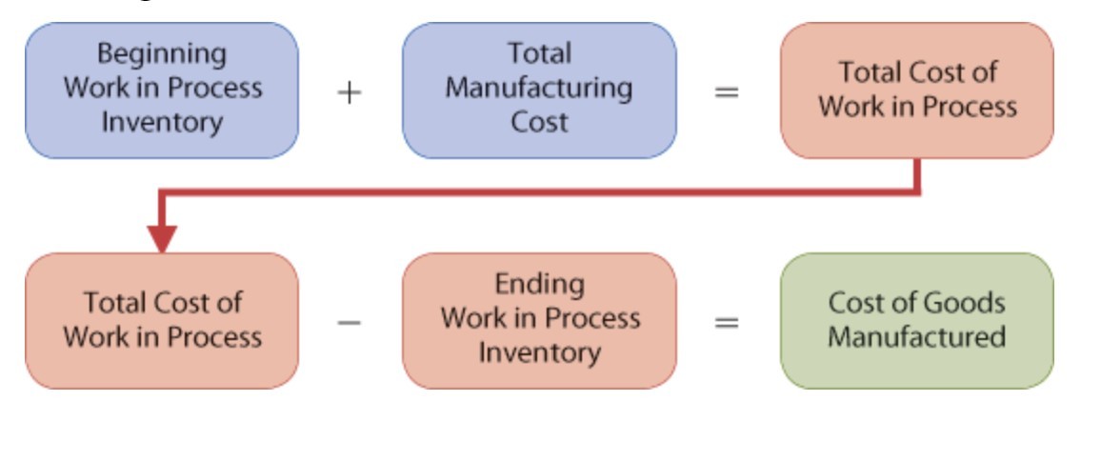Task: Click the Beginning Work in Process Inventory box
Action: click(161, 90)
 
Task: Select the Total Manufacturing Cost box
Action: click(539, 90)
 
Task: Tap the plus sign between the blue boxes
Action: click(350, 91)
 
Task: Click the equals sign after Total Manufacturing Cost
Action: click(727, 91)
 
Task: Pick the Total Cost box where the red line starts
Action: click(916, 90)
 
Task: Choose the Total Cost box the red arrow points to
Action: click(161, 320)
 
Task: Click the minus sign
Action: click(350, 322)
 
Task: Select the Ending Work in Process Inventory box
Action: click(539, 320)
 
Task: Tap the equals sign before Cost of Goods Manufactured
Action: click(727, 322)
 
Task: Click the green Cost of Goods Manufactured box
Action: click(916, 320)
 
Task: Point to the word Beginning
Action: click(162, 53)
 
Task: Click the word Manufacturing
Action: click(539, 88)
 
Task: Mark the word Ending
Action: click(539, 284)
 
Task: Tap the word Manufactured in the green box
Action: click(916, 337)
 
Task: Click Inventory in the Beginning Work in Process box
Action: click(162, 123)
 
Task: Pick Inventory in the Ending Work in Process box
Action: click(539, 353)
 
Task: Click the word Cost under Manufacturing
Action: click(539, 123)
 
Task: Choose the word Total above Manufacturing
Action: click(539, 53)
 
